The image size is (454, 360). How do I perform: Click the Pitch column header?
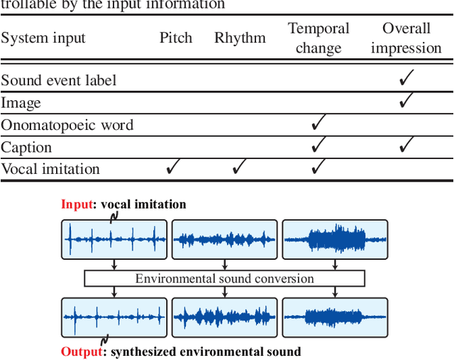pos(176,38)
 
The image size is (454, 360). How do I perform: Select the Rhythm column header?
pos(240,38)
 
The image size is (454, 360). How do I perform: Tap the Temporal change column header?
pos(319,38)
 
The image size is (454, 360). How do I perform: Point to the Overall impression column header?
pos(406,38)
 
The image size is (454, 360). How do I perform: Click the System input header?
pos(43,38)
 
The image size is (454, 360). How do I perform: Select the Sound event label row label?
pos(59,80)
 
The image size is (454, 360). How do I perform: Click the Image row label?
pos(21,103)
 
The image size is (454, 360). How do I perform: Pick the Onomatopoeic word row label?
pos(67,125)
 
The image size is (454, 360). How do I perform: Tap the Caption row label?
pos(26,147)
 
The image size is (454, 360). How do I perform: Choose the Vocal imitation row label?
pos(50,169)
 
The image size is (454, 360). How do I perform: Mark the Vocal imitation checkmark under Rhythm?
pos(239,168)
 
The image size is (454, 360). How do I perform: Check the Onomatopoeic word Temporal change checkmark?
pos(319,124)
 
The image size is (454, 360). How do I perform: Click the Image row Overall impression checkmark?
pos(406,101)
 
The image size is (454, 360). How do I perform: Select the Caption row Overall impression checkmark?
pos(406,146)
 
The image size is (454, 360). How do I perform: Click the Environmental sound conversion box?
pos(224,278)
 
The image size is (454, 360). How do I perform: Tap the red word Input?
pos(77,204)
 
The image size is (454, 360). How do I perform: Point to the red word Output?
pos(80,351)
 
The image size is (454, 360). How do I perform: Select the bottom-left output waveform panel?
pos(114,316)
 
